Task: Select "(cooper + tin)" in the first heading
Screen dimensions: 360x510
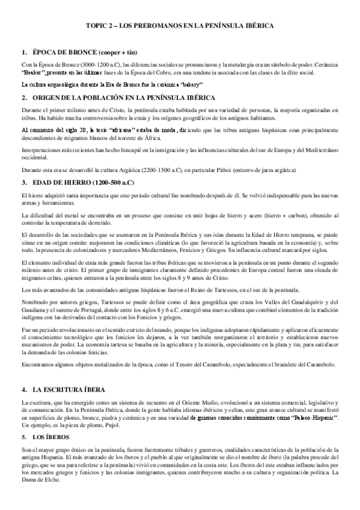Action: [x=130, y=52]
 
